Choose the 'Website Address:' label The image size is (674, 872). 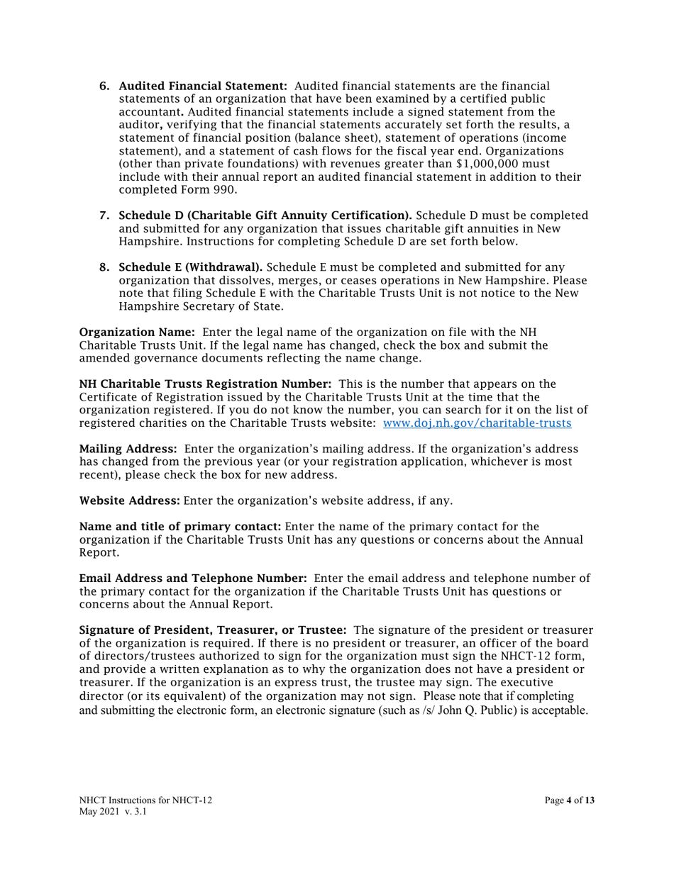click(x=130, y=501)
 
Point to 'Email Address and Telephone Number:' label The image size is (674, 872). click(x=192, y=578)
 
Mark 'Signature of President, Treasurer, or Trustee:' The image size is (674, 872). click(x=212, y=630)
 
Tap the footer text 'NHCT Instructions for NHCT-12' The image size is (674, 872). click(x=145, y=800)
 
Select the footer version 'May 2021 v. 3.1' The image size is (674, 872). click(x=113, y=812)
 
